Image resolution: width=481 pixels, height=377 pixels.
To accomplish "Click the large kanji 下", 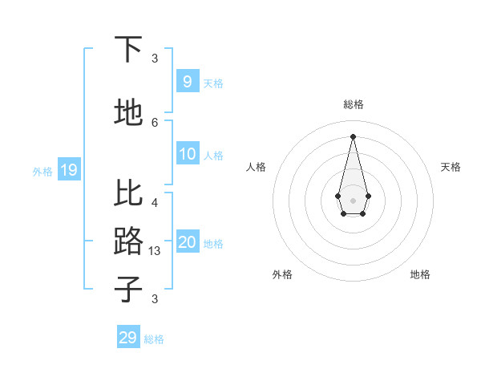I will coord(128,50).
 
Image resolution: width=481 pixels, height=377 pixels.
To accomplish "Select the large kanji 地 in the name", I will coord(128,113).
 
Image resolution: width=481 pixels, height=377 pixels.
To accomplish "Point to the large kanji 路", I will coord(128,241).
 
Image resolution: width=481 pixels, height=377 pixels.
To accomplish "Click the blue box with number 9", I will coord(187,82).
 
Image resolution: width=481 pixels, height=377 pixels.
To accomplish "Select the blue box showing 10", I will coord(187,154).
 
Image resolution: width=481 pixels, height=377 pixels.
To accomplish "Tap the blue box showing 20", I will coord(187,243).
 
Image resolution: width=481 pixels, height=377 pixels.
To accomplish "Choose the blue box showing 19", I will coord(68,170).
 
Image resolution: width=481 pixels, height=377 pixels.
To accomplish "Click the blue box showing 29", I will coord(128,338).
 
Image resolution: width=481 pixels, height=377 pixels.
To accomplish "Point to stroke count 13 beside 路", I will coord(155,251).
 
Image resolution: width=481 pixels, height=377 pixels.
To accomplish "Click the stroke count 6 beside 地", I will coord(155,122).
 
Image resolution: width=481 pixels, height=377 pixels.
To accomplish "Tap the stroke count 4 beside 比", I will coord(155,203).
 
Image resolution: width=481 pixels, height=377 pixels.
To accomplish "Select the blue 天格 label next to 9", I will coord(213,83).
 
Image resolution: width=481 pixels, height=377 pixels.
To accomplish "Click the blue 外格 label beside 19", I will coord(42,171).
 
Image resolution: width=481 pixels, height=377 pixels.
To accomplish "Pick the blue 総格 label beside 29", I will coord(154,339).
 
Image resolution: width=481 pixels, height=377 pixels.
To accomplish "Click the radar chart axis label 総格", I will coord(353,104).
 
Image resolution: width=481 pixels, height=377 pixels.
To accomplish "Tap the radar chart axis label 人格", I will coord(257,167).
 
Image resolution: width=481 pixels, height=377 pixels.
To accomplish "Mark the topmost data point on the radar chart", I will coord(353,136).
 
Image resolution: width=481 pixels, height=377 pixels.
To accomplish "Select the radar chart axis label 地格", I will coord(420,274).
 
